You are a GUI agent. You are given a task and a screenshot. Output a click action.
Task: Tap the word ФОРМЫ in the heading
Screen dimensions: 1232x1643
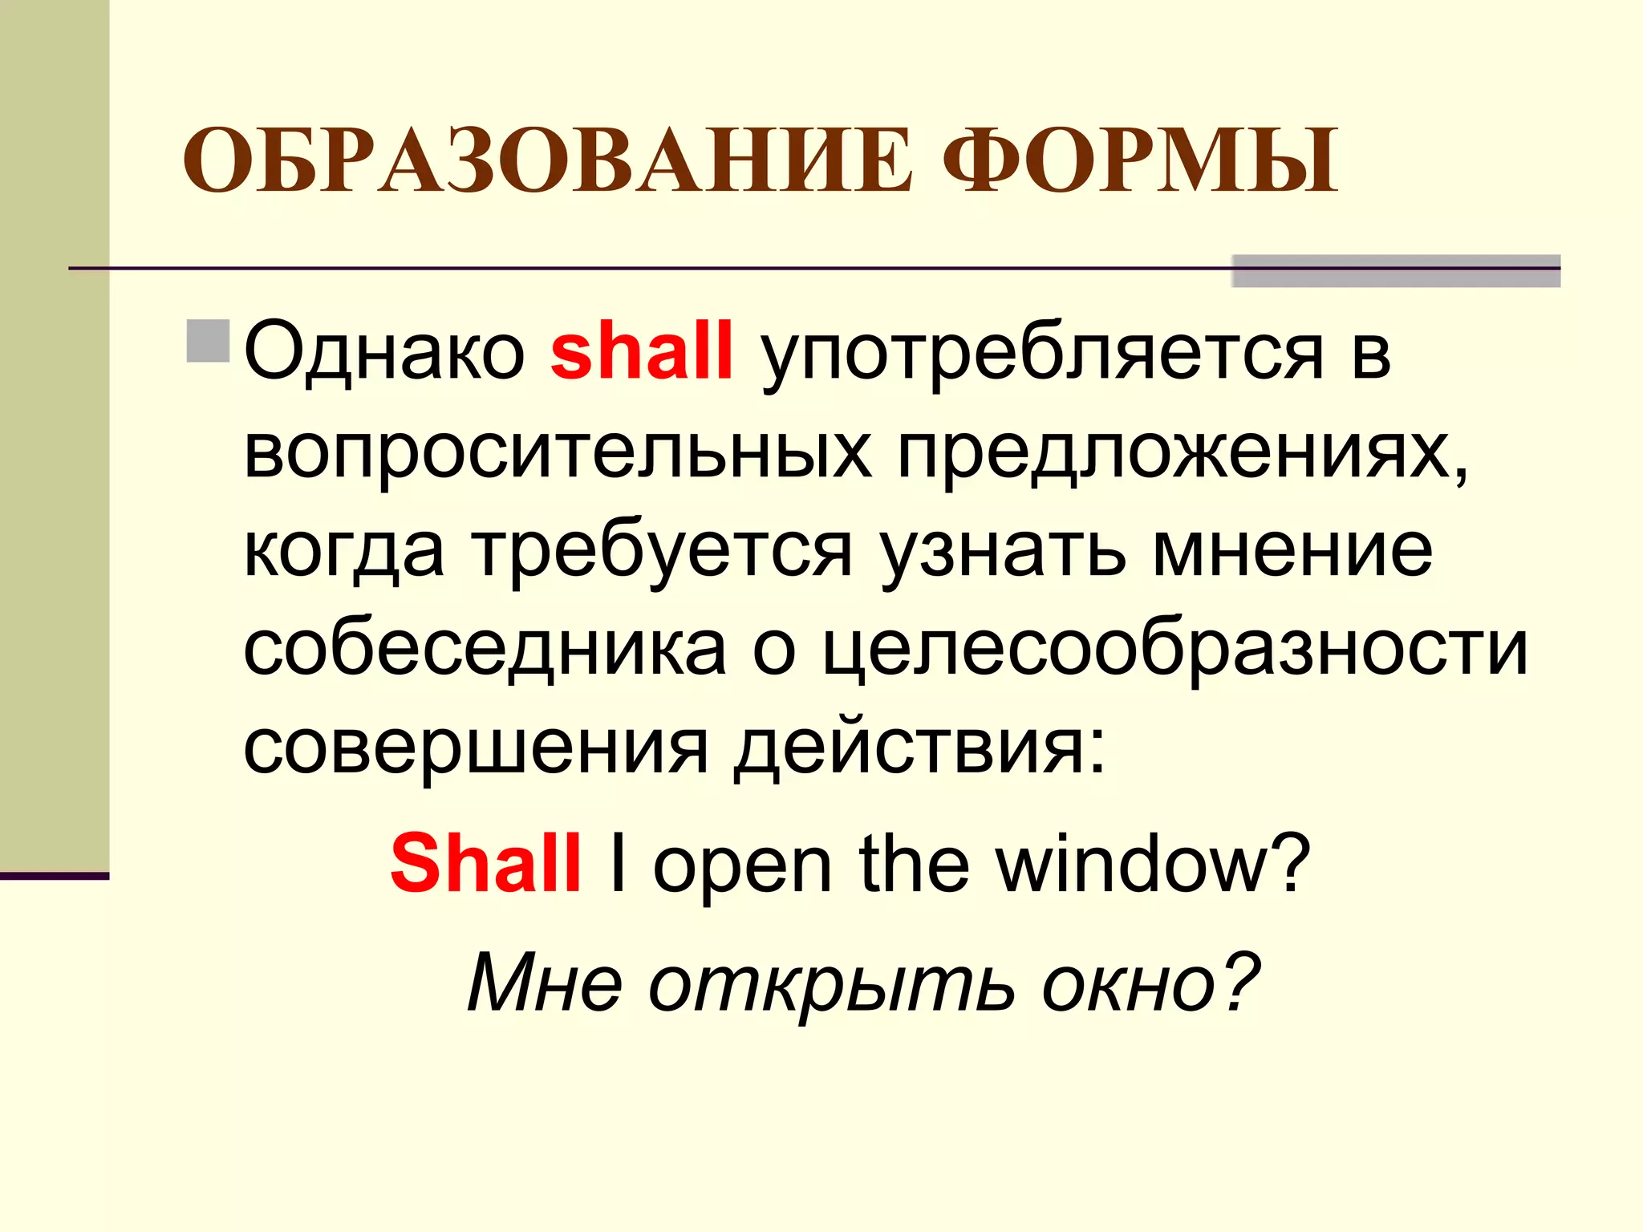(1139, 163)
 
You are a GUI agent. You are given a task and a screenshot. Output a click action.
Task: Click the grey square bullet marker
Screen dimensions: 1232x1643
(209, 341)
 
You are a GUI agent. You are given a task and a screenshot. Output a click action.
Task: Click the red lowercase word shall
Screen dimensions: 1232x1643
(642, 351)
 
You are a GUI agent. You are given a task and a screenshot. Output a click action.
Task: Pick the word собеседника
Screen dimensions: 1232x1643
(485, 650)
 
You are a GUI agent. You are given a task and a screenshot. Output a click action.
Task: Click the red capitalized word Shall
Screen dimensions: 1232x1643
(485, 864)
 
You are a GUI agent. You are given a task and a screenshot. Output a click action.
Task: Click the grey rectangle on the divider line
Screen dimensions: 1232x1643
(1395, 270)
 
